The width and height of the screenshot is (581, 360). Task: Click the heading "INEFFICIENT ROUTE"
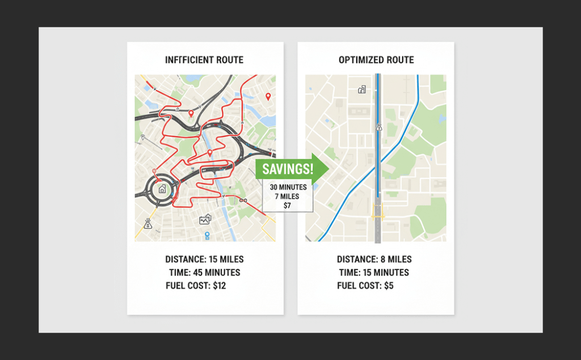click(205, 60)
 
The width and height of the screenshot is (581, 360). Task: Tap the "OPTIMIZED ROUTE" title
click(376, 60)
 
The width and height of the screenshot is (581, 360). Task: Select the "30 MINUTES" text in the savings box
click(288, 187)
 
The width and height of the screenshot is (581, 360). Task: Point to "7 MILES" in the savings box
click(288, 196)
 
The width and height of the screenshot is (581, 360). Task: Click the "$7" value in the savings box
click(288, 206)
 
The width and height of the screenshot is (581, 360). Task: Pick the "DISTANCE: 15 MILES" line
click(204, 259)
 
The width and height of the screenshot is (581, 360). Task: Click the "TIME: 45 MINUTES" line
click(204, 273)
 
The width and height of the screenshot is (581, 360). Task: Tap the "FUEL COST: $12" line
click(196, 286)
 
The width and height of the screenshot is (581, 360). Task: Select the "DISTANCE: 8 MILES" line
click(374, 259)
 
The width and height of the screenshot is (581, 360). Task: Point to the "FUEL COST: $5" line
click(365, 286)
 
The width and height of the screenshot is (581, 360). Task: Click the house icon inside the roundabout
click(162, 189)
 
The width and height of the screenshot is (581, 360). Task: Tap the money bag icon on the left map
click(148, 224)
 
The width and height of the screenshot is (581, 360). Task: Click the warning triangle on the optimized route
click(378, 128)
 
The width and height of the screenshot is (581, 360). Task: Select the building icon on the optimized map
click(362, 89)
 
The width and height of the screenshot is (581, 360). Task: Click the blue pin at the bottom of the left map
click(207, 235)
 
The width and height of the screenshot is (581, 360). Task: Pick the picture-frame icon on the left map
click(205, 219)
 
